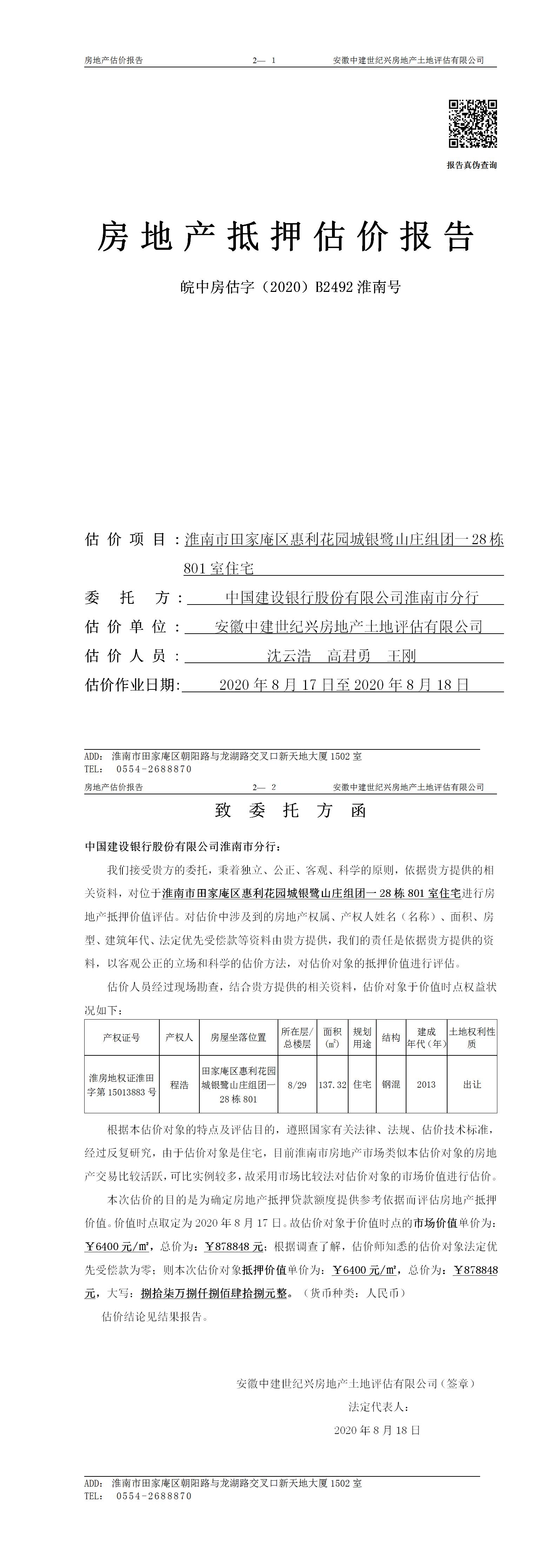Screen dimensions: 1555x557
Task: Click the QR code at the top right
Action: click(x=472, y=124)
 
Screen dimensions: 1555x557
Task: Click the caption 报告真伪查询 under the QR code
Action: click(x=472, y=165)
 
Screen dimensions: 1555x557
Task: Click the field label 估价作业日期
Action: click(x=132, y=685)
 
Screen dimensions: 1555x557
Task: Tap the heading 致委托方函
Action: click(x=291, y=811)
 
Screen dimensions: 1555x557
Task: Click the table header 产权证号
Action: click(x=121, y=1037)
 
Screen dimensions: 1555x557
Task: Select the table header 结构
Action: click(x=391, y=1037)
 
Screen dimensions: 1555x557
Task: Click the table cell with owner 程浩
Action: click(x=179, y=1085)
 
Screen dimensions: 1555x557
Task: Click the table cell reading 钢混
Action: click(x=391, y=1085)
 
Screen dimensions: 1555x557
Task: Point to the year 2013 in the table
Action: click(x=426, y=1085)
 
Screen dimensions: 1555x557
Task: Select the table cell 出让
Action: click(x=472, y=1085)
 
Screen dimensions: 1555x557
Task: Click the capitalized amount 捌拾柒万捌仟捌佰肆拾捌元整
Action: click(x=216, y=1294)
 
